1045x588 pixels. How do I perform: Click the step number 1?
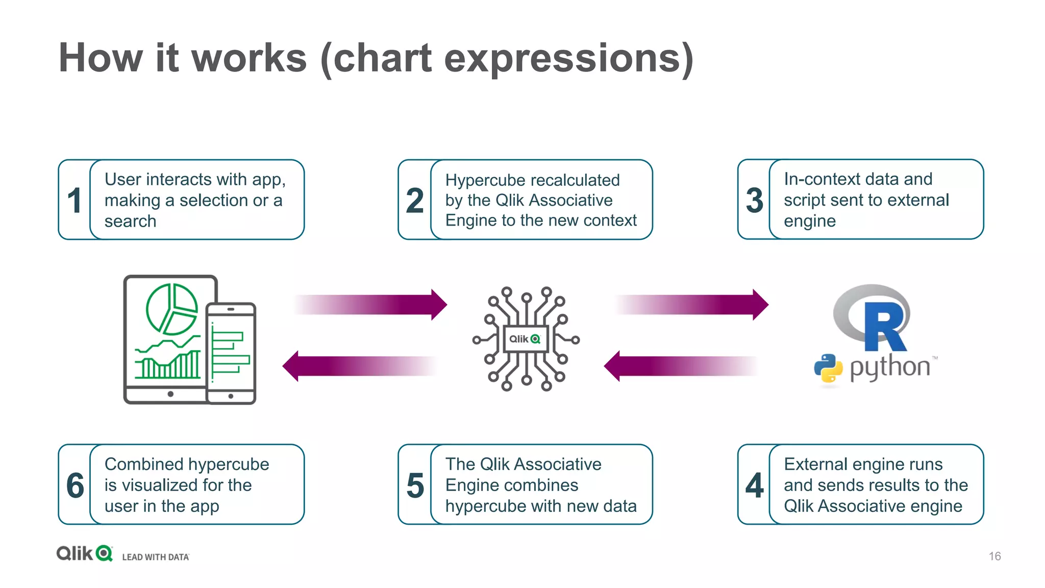pos(74,200)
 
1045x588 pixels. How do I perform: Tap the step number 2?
pos(415,200)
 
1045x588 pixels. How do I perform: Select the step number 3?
pos(754,200)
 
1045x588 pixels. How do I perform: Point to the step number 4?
pos(754,485)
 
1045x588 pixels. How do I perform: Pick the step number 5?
pos(415,485)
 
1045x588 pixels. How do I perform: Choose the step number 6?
pos(75,485)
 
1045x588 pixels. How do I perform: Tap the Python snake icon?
pos(828,368)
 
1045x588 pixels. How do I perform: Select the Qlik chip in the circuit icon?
pos(526,339)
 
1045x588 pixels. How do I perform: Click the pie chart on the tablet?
pos(171,309)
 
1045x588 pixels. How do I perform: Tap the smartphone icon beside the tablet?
pos(231,353)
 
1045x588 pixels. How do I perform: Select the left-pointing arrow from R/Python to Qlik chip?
pos(679,366)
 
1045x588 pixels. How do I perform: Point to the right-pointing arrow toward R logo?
pos(694,305)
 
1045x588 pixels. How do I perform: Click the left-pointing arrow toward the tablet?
pos(357,366)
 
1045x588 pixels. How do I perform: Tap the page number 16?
pos(994,556)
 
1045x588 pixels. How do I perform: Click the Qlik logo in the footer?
pos(85,553)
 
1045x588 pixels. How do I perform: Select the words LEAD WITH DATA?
pos(156,557)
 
